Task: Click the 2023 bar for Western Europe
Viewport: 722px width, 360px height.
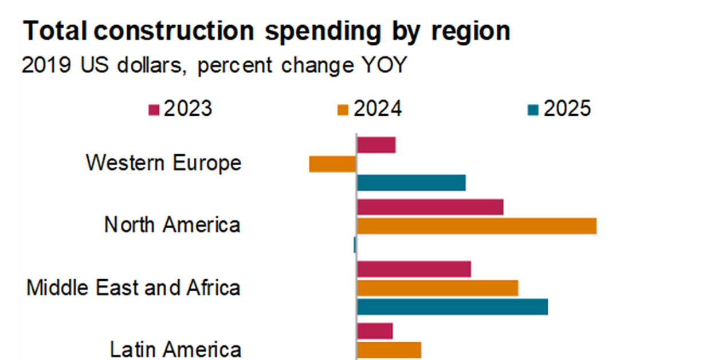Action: tap(376, 145)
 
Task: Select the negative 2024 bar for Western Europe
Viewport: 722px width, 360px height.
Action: tap(332, 164)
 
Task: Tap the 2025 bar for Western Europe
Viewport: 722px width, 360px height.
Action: tap(411, 183)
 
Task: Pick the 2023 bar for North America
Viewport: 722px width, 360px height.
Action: tap(430, 207)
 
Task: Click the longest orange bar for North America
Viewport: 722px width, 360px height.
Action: tap(476, 226)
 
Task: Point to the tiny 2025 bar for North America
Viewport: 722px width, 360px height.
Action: tap(355, 245)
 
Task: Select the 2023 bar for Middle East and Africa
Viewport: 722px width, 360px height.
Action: tap(414, 269)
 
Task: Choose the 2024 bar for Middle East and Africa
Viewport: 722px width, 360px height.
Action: tap(437, 288)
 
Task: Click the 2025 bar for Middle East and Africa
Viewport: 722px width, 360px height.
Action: tap(452, 307)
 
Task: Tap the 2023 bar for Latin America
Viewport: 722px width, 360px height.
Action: tap(375, 331)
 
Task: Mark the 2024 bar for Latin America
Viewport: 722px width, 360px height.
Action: tap(389, 350)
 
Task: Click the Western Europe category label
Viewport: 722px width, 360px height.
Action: tap(163, 163)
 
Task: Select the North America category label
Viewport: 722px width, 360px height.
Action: tap(172, 225)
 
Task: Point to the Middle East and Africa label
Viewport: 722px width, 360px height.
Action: tap(133, 287)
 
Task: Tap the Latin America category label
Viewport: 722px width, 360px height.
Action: tap(175, 349)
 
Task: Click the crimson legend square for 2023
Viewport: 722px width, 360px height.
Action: tap(153, 109)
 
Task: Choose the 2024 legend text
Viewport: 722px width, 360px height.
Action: tap(378, 109)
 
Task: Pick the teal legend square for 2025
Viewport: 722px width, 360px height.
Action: tap(532, 109)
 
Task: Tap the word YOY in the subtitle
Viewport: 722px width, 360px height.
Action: tap(384, 66)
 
